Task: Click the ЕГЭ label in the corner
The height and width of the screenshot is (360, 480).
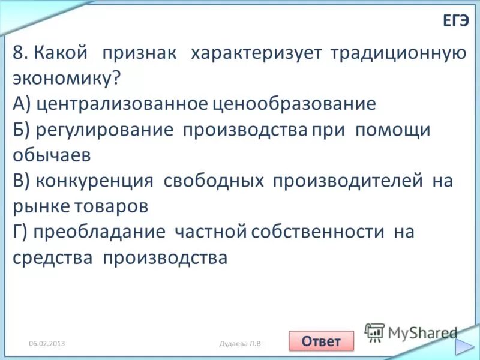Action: [455, 21]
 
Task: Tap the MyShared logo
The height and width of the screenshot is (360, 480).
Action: [412, 332]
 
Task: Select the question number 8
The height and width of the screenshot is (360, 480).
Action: [20, 53]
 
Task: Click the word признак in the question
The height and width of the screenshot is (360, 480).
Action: [139, 53]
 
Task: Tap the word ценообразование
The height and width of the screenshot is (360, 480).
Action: [294, 104]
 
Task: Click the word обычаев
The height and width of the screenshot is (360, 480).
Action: [52, 155]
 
